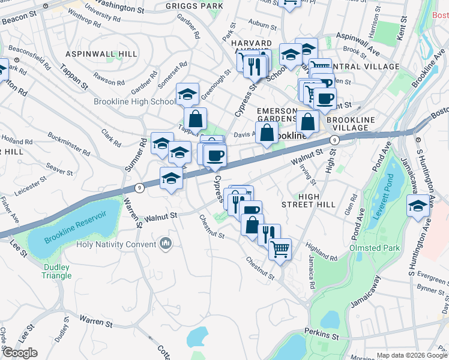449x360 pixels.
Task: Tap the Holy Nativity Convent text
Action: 116,244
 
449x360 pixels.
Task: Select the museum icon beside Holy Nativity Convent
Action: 166,244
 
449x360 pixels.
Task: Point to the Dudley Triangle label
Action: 57,271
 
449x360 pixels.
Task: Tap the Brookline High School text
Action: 134,101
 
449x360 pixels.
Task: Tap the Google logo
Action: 19,353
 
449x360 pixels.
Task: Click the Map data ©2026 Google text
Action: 412,355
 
